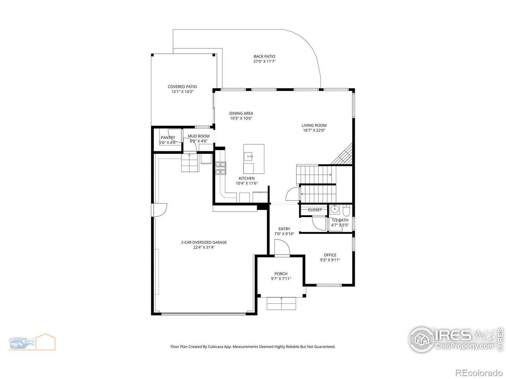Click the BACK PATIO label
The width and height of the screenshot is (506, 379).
point(264,57)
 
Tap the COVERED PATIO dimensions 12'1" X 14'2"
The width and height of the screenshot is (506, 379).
point(182,92)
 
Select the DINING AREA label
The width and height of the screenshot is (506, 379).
point(241,113)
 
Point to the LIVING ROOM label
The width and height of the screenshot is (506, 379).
point(314,125)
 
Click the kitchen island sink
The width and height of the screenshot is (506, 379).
point(249,157)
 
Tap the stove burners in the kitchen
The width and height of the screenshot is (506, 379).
point(221,168)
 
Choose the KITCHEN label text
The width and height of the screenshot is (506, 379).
point(247,178)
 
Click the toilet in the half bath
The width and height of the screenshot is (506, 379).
point(346,210)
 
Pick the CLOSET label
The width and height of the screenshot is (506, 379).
point(315,210)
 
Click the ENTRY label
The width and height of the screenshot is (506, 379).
point(284,229)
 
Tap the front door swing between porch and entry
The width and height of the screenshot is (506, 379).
point(282,247)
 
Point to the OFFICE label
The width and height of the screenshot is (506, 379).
point(330,255)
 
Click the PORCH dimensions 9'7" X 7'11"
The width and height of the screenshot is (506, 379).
point(281,279)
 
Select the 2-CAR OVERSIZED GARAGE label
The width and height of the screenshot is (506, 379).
point(204,242)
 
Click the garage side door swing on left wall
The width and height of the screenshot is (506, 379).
point(161,210)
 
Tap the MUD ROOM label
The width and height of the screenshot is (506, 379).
point(199,136)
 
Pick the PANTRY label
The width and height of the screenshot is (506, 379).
point(168,138)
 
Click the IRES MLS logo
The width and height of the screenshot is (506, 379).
point(456,340)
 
